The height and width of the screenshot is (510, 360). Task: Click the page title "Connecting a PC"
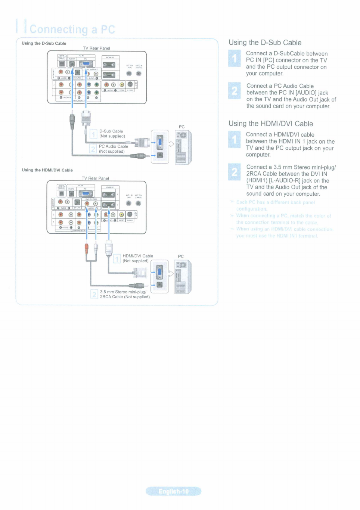point(72,29)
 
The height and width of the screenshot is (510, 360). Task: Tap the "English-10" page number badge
point(174,491)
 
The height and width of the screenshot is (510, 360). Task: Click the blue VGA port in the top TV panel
point(86,64)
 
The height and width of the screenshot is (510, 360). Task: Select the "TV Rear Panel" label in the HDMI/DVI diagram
point(95,178)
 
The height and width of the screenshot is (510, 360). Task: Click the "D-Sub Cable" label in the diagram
point(111,131)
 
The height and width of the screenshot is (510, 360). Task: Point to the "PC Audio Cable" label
point(113,146)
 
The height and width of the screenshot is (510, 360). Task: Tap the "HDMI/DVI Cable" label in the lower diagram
point(138,256)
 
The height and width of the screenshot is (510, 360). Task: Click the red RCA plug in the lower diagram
point(87,248)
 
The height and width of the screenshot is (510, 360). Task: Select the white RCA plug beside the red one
point(96,248)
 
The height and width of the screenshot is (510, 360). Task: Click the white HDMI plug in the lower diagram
point(109,248)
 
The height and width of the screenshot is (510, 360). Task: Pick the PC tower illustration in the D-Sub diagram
point(183,147)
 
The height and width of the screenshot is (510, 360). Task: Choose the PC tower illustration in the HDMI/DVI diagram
point(183,277)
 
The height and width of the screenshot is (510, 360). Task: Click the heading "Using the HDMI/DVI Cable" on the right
point(271,124)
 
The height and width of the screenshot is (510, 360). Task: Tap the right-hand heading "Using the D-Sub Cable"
point(265,43)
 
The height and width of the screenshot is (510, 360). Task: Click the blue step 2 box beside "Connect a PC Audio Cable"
point(235,91)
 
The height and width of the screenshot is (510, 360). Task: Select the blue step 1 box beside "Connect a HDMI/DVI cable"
point(235,139)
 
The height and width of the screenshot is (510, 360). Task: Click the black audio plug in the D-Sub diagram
point(72,121)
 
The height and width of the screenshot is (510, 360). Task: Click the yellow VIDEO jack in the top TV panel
point(122,85)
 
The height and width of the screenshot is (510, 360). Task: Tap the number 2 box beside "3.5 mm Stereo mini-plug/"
point(94,294)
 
